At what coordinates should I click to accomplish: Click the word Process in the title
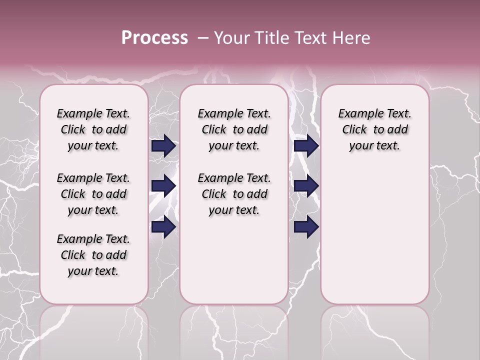[x=154, y=38]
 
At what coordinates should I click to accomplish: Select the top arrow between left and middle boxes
[x=163, y=145]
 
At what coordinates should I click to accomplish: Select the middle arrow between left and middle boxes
[x=163, y=186]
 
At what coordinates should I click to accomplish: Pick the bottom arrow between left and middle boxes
[x=163, y=226]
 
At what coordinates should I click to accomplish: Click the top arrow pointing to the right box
[x=306, y=145]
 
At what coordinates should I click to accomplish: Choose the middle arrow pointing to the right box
[x=306, y=186]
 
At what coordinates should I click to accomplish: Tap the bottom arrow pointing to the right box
[x=306, y=226]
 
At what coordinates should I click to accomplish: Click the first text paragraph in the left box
[x=93, y=129]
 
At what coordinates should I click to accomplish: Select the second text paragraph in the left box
[x=93, y=194]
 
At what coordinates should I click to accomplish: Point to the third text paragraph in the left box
[x=93, y=255]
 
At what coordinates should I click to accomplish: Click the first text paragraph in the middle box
[x=234, y=129]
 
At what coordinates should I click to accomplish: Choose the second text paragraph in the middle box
[x=234, y=194]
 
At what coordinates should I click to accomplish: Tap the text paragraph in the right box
[x=375, y=129]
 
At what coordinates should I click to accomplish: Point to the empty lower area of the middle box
[x=234, y=260]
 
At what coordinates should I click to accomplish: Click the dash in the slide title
[x=202, y=38]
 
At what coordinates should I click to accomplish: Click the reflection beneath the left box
[x=94, y=330]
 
